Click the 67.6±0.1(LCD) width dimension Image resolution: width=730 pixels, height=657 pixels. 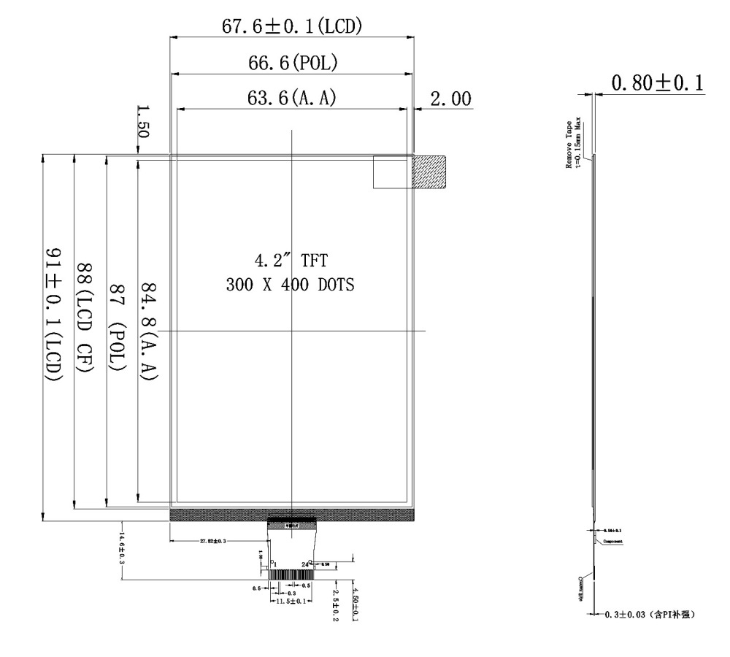click(x=292, y=27)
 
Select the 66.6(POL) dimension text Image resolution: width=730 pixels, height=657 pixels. click(x=292, y=64)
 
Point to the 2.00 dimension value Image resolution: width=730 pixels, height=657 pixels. click(x=450, y=99)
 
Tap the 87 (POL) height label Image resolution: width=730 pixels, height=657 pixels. click(x=117, y=321)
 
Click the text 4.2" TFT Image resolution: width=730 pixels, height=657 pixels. click(x=291, y=261)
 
